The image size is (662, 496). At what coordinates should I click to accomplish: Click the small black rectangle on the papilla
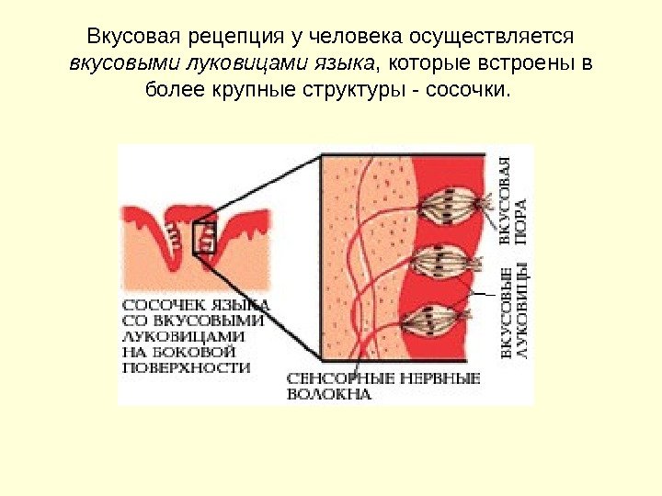pos(204,237)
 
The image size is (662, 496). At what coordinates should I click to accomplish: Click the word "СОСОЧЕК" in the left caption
pos(158,304)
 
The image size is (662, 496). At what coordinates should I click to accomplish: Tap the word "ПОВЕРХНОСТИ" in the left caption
pos(187,366)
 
